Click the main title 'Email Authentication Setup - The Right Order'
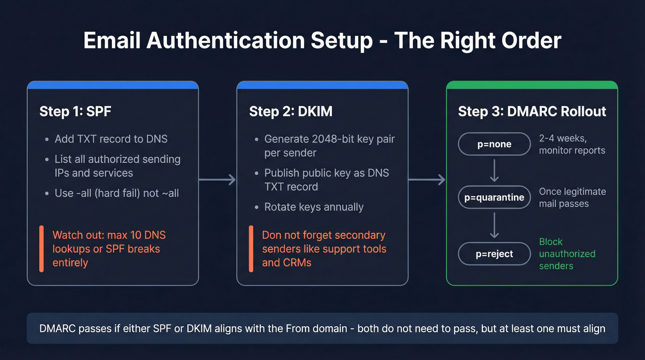click(322, 41)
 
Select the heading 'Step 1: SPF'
click(75, 112)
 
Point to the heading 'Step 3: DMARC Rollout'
click(532, 112)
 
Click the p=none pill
click(494, 144)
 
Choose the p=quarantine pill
click(494, 198)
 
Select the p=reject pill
click(494, 254)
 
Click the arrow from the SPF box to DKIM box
click(217, 180)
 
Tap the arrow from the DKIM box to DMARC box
click(427, 180)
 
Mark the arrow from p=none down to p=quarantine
click(494, 171)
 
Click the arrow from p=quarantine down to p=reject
click(494, 225)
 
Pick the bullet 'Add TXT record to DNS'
click(111, 139)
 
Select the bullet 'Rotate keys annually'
click(314, 207)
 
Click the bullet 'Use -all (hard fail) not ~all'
click(117, 193)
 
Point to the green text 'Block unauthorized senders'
click(567, 254)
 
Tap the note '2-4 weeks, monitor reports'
click(571, 144)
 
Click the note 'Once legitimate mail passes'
click(572, 198)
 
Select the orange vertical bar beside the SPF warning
click(41, 249)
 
